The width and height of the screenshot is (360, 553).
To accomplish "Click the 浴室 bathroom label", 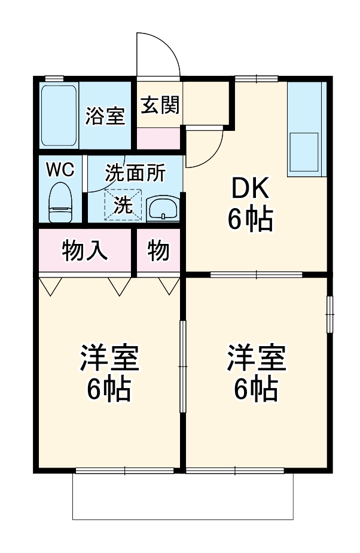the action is [105, 115].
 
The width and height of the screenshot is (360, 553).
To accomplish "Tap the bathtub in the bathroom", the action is [59, 115].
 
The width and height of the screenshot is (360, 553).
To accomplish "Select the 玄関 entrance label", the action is [160, 105].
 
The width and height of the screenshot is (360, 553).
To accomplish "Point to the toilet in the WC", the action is [60, 202].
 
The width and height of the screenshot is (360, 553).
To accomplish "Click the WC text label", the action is [60, 170].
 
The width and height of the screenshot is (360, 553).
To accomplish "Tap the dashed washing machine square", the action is [123, 205].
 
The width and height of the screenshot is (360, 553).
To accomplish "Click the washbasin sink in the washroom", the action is [163, 209].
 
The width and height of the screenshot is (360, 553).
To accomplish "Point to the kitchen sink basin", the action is [304, 152].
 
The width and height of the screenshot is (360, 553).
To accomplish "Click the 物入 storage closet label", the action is [85, 250].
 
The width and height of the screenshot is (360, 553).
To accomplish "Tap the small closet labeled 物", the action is [158, 250].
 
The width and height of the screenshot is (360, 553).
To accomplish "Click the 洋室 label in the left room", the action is [109, 358].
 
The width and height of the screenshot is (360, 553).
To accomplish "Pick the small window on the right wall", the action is [330, 314].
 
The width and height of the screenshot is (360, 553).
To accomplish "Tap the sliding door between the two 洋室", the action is [182, 367].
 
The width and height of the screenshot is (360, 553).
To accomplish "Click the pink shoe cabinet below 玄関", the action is [158, 139].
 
